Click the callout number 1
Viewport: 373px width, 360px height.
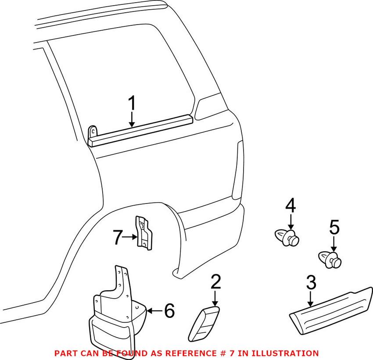(x=132, y=105)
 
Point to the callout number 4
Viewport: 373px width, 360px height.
(x=291, y=206)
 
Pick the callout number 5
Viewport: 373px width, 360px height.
(x=334, y=228)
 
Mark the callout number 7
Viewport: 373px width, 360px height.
(x=117, y=238)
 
